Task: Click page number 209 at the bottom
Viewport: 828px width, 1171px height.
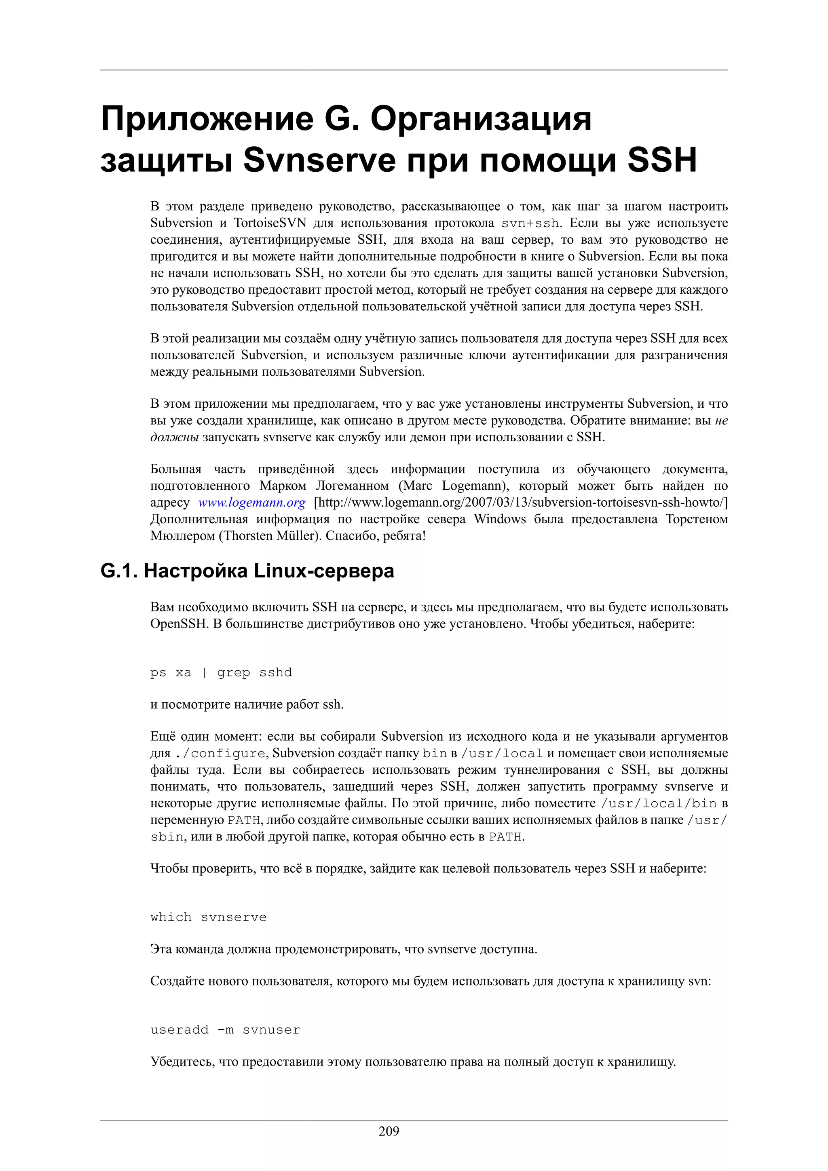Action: (x=389, y=1131)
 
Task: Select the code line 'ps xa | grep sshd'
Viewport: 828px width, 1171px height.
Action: (x=221, y=672)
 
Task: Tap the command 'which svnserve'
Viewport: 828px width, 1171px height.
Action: (x=208, y=917)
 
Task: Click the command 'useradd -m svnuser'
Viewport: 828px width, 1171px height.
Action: (x=225, y=1030)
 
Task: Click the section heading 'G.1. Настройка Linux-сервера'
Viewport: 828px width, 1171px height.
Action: (x=247, y=571)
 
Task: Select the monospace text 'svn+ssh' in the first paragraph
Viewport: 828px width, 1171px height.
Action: (x=530, y=223)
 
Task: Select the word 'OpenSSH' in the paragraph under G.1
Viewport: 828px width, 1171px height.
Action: (x=176, y=624)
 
